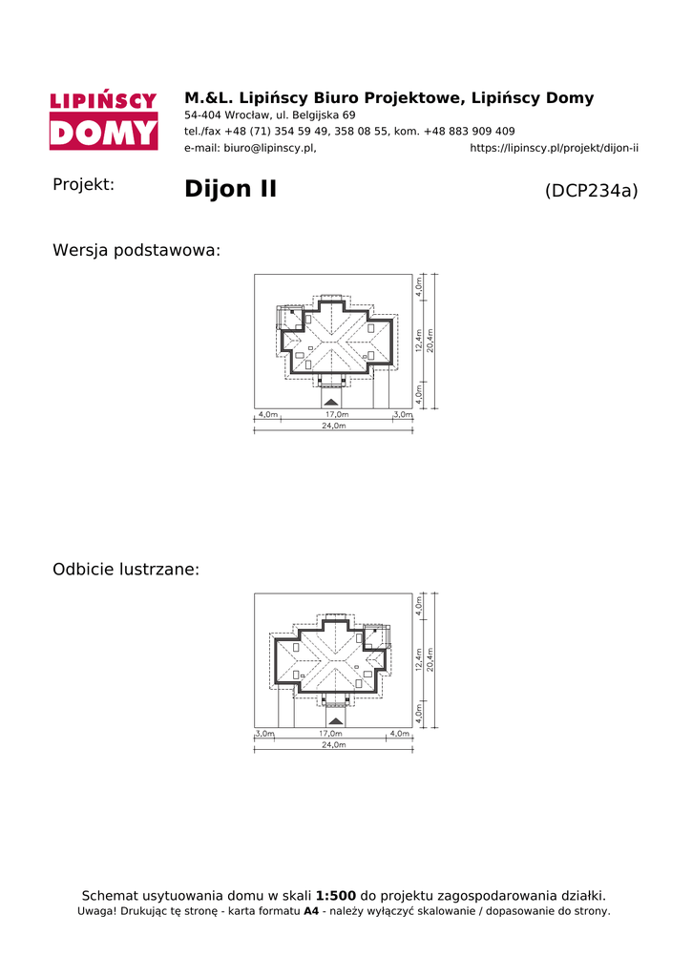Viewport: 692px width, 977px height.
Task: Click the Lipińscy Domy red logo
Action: [103, 120]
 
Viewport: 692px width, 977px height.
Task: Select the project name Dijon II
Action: [230, 189]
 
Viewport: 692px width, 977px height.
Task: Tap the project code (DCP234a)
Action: [592, 191]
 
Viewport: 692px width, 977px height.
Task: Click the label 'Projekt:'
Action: [84, 184]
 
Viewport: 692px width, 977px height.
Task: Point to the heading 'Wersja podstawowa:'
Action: [136, 251]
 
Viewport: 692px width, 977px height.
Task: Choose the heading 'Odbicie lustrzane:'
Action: [126, 570]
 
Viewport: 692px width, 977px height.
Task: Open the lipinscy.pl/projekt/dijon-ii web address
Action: [555, 148]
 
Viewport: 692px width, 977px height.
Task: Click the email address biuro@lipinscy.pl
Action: [270, 148]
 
